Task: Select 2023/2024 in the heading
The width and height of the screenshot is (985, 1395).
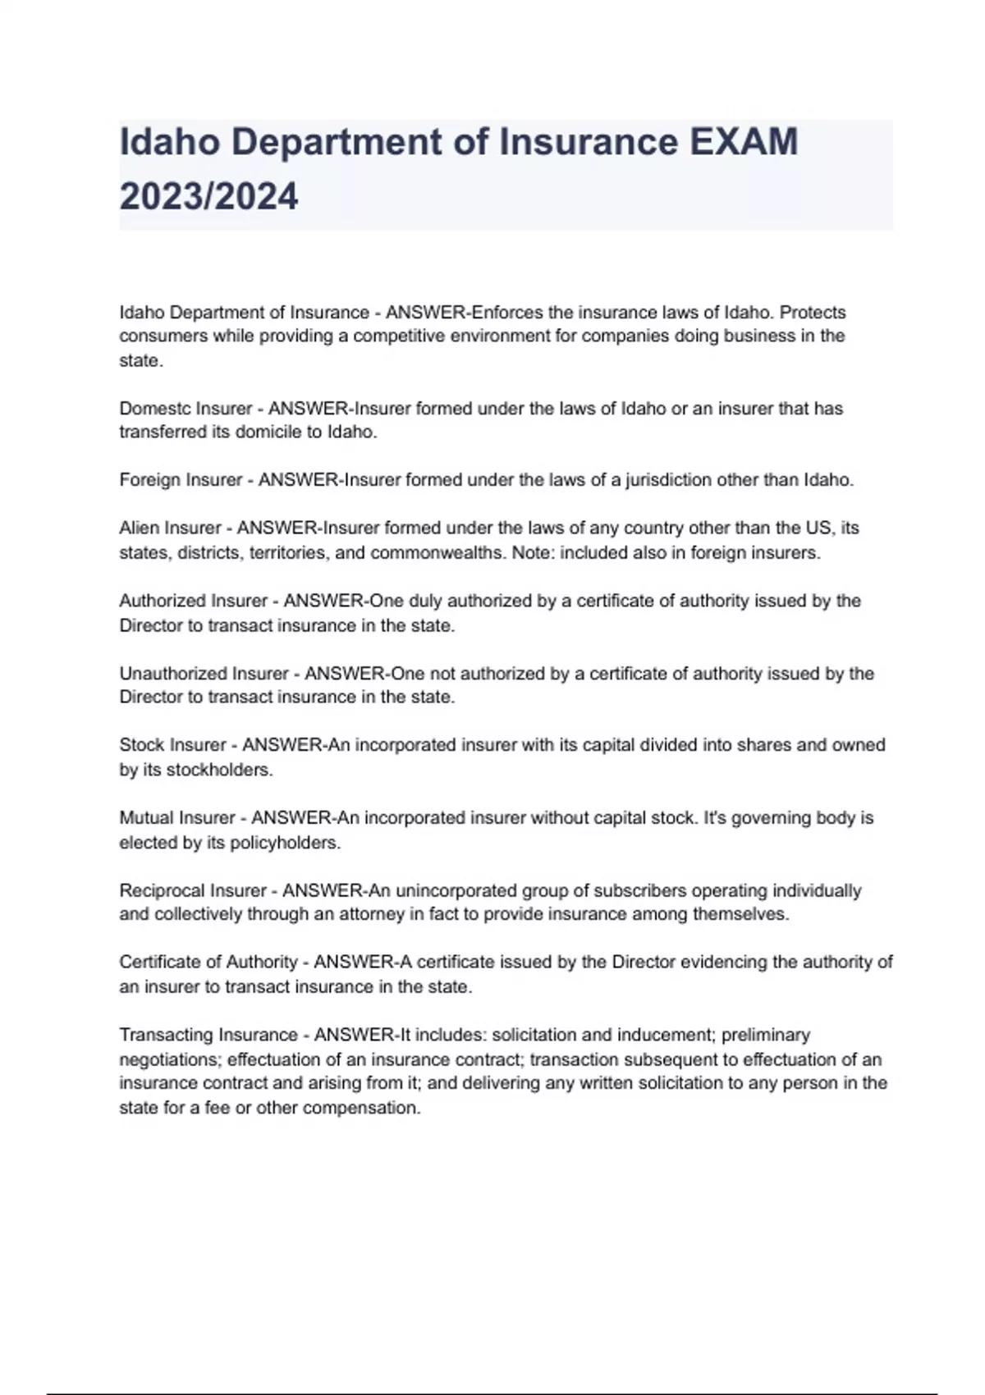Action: [208, 197]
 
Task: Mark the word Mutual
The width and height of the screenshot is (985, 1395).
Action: [146, 818]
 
